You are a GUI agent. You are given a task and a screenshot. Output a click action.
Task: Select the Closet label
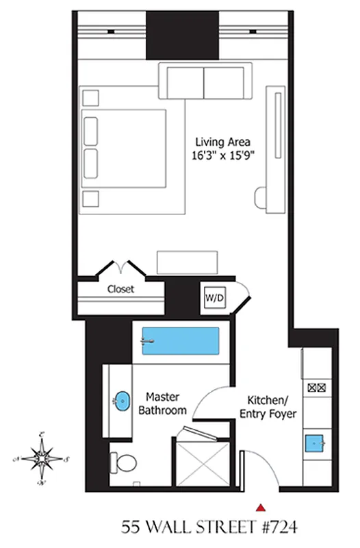click(120, 289)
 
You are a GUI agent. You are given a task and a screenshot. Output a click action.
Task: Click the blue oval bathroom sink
click(121, 401)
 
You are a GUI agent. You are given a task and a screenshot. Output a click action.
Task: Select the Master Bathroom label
click(162, 403)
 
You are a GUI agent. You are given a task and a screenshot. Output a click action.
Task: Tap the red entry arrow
click(260, 508)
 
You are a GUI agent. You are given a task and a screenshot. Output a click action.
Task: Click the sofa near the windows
click(205, 82)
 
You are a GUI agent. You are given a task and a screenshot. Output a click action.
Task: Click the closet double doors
click(122, 267)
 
